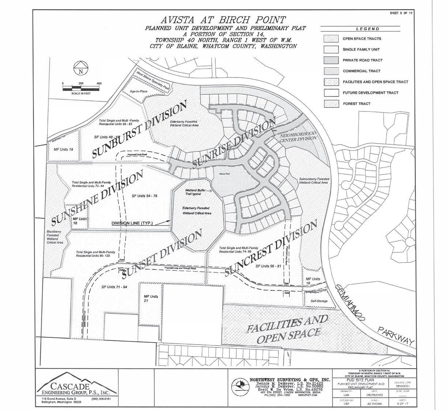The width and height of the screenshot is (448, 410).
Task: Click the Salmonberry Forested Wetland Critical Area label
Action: point(314,181)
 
